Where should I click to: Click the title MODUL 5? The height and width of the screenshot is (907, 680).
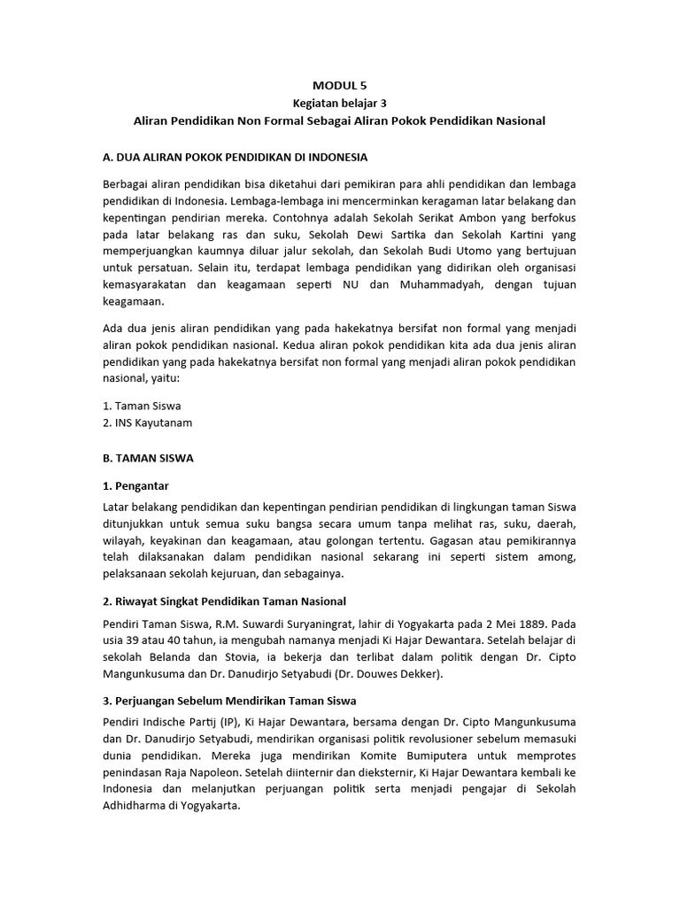[339, 86]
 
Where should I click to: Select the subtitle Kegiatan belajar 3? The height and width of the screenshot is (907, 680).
[339, 103]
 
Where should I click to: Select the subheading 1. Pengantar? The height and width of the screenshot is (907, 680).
[135, 486]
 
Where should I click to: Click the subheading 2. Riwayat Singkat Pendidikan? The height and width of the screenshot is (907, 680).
[225, 601]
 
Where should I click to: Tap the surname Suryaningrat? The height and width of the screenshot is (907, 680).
[301, 623]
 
